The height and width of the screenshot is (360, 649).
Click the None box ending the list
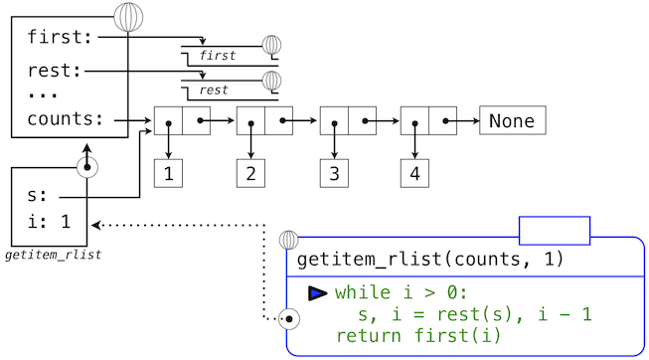pyautogui.click(x=512, y=121)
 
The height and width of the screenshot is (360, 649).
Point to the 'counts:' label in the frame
pyautogui.click(x=66, y=118)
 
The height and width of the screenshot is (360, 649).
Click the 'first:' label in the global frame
pyautogui.click(x=61, y=38)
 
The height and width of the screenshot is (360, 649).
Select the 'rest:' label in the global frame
pyautogui.click(x=56, y=71)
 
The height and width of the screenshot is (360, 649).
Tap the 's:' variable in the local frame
pyautogui.click(x=38, y=197)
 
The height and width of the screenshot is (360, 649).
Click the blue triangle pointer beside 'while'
pyautogui.click(x=317, y=293)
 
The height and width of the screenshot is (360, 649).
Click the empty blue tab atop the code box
pyautogui.click(x=554, y=230)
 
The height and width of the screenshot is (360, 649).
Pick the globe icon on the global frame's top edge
pyautogui.click(x=130, y=16)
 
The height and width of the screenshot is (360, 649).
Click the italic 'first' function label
pyautogui.click(x=218, y=56)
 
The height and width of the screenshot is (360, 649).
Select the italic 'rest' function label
pyautogui.click(x=214, y=90)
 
